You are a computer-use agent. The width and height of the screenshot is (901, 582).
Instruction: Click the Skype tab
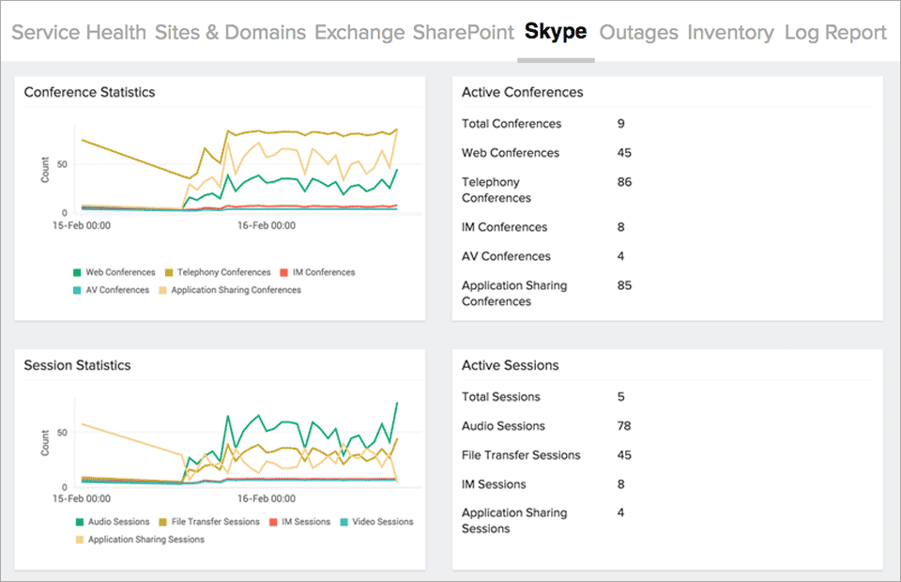556,32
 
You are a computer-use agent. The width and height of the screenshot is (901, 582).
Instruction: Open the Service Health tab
79,32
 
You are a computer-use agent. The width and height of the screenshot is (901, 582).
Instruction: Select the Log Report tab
835,32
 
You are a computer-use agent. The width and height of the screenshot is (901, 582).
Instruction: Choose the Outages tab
638,32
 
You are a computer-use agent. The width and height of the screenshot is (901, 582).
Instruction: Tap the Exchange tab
359,32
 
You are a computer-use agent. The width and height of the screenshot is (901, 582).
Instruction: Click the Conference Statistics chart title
89,92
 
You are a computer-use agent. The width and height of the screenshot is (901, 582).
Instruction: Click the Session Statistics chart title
77,365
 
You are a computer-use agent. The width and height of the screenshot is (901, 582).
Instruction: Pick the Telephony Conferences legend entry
218,272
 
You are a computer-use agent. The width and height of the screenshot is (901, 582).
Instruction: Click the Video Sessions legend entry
380,522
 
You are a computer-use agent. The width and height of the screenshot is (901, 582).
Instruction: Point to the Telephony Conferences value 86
624,182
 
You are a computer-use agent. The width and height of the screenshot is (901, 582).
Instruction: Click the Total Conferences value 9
621,124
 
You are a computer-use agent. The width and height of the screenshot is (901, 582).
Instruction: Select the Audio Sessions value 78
624,426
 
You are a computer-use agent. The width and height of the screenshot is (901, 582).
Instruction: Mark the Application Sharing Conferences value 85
624,285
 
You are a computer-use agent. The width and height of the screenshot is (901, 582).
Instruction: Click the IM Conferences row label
504,227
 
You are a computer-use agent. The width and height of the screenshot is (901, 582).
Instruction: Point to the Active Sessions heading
510,365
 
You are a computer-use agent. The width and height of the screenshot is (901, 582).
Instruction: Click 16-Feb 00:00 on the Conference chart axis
267,225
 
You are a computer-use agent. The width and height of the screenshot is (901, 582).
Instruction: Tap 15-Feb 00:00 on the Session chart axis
84,499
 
